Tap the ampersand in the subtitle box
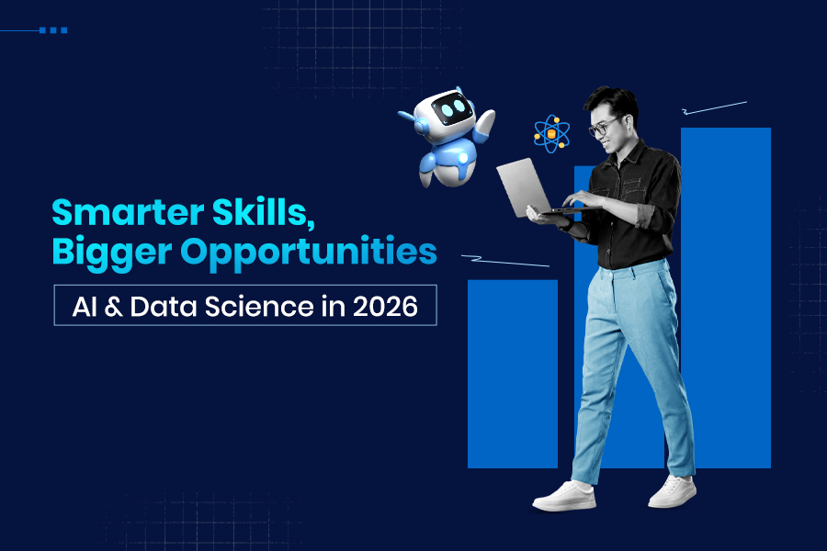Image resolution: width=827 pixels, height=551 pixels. [114, 307]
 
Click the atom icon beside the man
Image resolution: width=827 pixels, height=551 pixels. [552, 134]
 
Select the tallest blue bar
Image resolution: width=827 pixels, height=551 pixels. [725, 294]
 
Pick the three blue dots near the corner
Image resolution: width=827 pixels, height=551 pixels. [53, 30]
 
